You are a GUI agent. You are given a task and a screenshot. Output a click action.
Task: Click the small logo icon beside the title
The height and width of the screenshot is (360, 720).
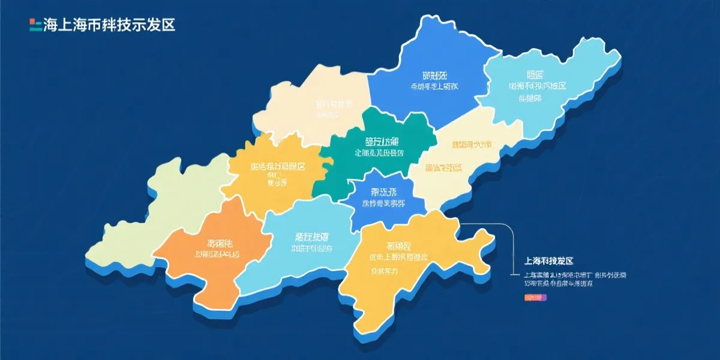[35, 25]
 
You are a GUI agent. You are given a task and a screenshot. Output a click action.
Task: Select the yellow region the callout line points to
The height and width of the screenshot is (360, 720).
[408, 264]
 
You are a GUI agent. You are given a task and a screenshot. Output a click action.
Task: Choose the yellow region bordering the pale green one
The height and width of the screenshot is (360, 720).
[270, 174]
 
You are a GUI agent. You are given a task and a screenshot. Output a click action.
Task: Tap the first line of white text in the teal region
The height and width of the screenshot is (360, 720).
[382, 142]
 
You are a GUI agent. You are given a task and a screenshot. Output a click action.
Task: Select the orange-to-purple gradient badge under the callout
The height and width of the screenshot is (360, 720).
[533, 297]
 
